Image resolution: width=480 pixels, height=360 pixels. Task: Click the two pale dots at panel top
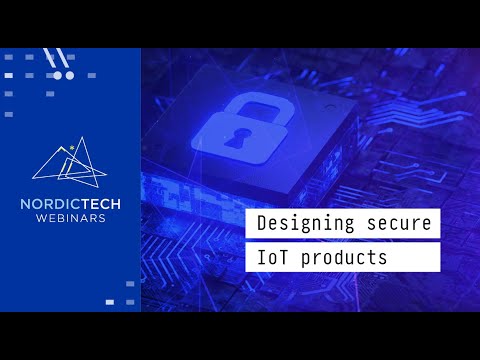pos(64,75)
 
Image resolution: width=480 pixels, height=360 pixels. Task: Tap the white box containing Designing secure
pos(343,222)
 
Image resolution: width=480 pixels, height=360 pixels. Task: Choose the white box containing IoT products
pos(343,257)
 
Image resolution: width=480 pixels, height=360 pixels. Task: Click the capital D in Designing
pos(262,222)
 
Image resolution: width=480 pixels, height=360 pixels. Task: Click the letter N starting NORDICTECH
pos(26,204)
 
